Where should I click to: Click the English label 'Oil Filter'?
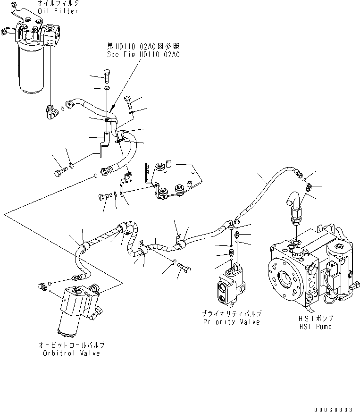(x=60, y=11)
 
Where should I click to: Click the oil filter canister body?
(x=31, y=70)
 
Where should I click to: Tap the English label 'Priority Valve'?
(x=232, y=322)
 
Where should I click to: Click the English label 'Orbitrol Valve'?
(x=70, y=353)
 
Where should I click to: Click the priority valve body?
(x=229, y=286)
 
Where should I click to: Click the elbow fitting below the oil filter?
(x=51, y=111)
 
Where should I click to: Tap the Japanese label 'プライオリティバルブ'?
(x=232, y=314)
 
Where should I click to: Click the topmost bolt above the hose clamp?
(x=107, y=76)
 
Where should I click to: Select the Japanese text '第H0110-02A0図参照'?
(x=143, y=46)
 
